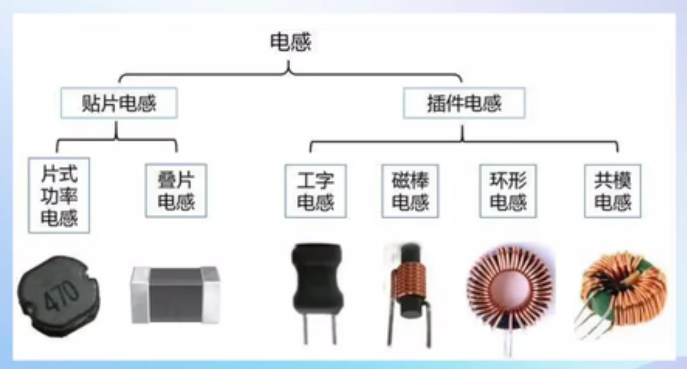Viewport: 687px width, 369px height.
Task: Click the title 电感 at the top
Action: [x=290, y=42]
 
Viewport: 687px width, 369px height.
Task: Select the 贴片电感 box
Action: [x=119, y=103]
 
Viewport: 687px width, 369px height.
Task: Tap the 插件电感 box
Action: [x=464, y=103]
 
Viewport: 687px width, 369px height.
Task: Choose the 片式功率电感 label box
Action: [x=59, y=195]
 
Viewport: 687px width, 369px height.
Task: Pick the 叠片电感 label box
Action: [x=176, y=191]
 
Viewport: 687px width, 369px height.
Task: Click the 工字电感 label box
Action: [x=315, y=191]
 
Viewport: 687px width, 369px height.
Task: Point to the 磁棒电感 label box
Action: [x=410, y=191]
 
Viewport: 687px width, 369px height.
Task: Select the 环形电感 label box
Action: [x=508, y=191]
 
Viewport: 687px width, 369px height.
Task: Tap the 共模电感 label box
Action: [x=612, y=191]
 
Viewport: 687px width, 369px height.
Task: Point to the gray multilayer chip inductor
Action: [x=175, y=295]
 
